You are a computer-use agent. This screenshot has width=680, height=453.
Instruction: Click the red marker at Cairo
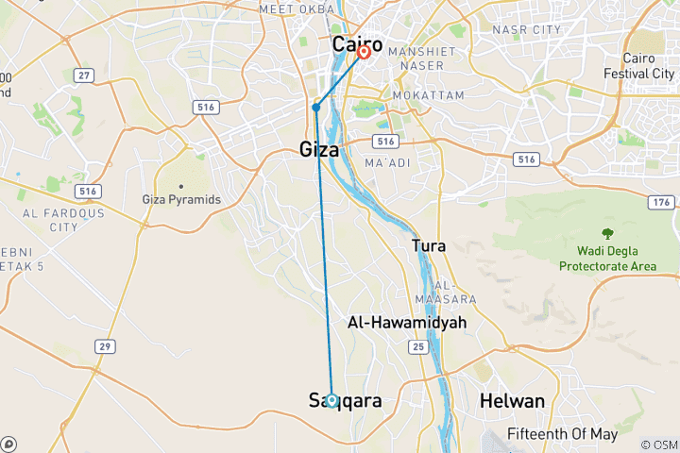[364, 52]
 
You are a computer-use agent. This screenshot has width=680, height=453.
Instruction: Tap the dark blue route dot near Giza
[316, 107]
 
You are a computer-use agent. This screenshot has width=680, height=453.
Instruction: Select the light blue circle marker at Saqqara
[332, 399]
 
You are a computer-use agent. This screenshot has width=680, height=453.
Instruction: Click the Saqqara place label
[346, 401]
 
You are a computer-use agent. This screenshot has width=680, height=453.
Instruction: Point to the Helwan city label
[512, 401]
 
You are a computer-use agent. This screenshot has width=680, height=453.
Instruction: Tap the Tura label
[429, 245]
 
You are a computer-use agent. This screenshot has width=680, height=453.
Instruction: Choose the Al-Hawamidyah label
[406, 322]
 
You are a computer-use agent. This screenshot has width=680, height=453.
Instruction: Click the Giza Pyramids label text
[180, 200]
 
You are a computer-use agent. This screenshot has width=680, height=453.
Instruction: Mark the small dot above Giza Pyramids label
[180, 186]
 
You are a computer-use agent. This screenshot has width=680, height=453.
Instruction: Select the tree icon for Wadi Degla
[606, 233]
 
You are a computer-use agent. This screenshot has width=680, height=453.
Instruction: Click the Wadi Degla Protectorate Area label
[606, 259]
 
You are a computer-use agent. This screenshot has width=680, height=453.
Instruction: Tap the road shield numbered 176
[660, 203]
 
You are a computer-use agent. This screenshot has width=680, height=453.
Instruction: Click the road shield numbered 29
[104, 346]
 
